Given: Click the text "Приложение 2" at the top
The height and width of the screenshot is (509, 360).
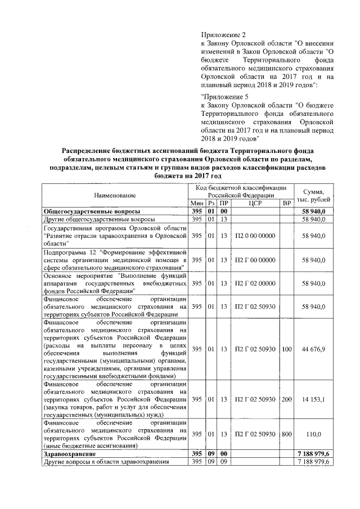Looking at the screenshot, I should [223, 35].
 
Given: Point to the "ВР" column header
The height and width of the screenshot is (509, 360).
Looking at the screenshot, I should [287, 202].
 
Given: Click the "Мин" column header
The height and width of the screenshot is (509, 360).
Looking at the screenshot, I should [196, 202].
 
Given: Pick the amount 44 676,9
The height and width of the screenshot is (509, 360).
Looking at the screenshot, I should [314, 349].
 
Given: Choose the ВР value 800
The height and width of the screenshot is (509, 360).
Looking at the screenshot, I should [287, 435].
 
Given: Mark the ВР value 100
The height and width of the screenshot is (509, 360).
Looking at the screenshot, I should [287, 349].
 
